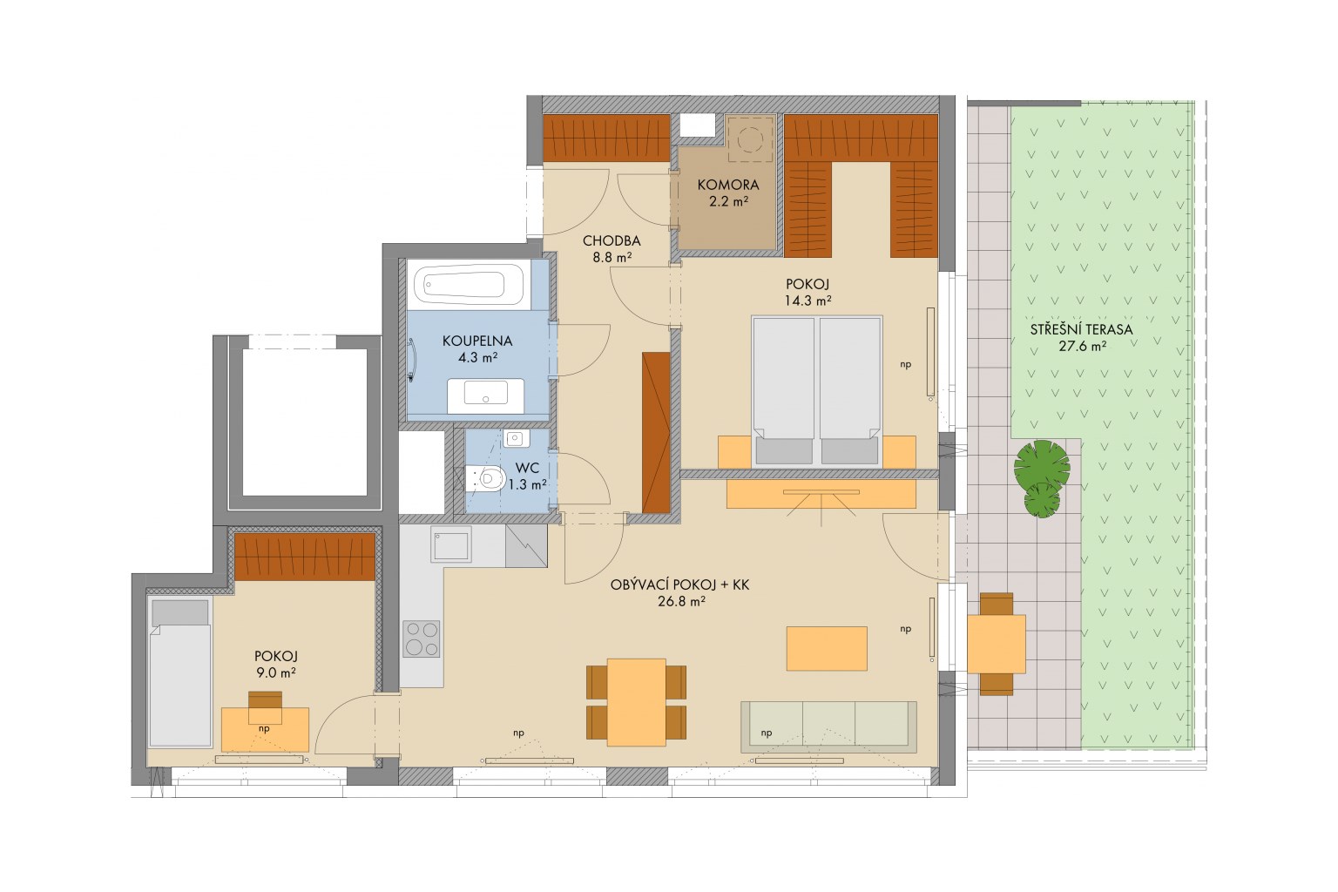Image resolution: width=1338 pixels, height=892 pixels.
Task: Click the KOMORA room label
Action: click(x=728, y=186)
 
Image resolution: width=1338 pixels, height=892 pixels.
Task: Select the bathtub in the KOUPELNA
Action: click(x=470, y=284)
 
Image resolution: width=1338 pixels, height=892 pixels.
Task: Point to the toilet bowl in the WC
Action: click(x=487, y=478)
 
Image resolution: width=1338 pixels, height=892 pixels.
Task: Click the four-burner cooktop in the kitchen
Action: click(x=421, y=639)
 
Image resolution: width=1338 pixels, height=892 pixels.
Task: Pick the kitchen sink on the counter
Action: click(x=451, y=544)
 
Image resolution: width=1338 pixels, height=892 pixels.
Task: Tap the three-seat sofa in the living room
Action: click(x=829, y=727)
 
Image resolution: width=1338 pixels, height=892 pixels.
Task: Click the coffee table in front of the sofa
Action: click(x=827, y=648)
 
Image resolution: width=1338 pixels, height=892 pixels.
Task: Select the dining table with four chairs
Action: click(x=636, y=702)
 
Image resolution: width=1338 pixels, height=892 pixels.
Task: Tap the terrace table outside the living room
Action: click(x=996, y=644)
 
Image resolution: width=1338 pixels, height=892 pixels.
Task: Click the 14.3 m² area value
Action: click(x=808, y=301)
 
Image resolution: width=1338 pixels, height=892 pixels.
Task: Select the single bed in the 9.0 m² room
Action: click(x=179, y=672)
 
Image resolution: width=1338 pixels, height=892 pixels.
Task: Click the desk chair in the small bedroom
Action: click(x=265, y=706)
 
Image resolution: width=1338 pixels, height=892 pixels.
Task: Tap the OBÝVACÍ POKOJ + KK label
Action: click(x=679, y=585)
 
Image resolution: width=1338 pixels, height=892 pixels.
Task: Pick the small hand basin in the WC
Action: click(x=514, y=438)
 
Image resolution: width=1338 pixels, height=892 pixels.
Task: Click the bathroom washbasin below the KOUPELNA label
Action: click(x=485, y=395)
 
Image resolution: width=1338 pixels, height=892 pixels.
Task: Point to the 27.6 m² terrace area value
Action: click(x=1083, y=346)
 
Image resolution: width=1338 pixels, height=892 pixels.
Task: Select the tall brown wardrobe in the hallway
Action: click(x=656, y=432)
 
